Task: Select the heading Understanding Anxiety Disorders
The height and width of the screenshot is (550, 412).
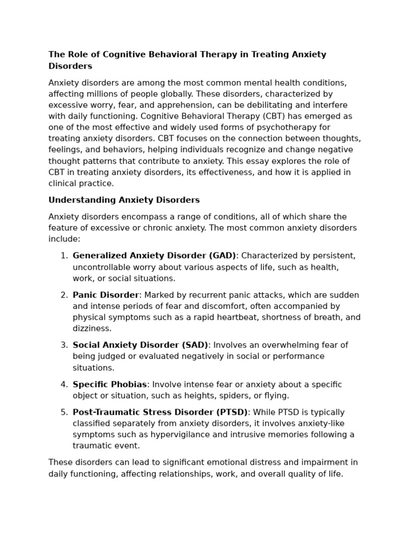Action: click(x=124, y=200)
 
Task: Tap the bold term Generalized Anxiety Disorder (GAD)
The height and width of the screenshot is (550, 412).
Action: click(x=154, y=256)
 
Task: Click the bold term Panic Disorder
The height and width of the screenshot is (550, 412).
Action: click(x=106, y=295)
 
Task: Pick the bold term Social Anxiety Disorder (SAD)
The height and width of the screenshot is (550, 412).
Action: click(x=141, y=345)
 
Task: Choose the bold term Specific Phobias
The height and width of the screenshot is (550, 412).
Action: click(x=109, y=385)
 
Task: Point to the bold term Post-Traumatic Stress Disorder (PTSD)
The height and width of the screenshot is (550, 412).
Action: click(x=160, y=412)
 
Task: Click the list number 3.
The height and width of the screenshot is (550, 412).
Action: click(x=64, y=345)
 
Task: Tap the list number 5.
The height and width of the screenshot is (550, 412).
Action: click(x=64, y=412)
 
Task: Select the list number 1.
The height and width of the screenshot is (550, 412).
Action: click(x=64, y=256)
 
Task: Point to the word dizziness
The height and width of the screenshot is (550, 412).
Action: click(x=92, y=328)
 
